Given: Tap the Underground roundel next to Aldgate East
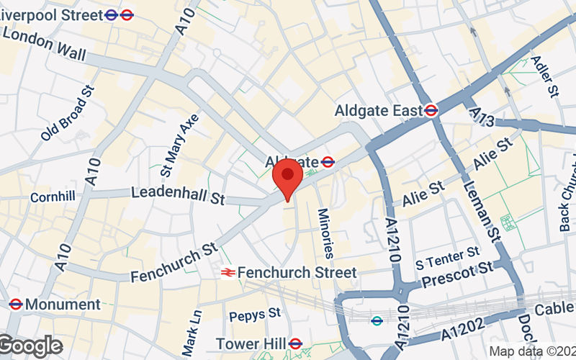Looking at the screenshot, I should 431,110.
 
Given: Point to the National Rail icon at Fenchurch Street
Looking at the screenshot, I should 228,272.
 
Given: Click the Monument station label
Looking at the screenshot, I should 63,305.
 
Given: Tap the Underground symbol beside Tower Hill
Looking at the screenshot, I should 294,343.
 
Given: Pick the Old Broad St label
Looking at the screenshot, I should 68,112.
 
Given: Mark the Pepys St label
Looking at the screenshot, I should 255,315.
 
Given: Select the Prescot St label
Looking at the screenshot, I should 456,273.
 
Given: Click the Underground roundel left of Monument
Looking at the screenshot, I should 15,305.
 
